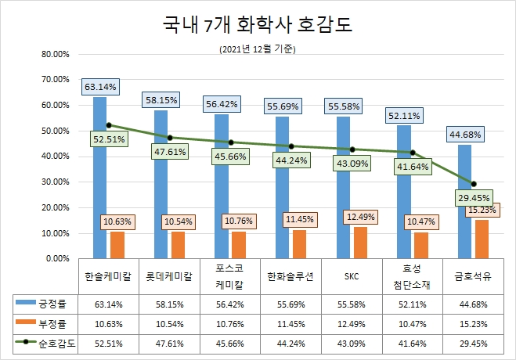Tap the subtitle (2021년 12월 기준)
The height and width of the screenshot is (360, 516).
(x=258, y=49)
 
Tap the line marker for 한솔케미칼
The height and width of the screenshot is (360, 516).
(x=109, y=125)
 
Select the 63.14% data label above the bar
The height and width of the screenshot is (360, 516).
(x=100, y=87)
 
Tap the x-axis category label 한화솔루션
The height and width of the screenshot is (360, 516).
(x=290, y=276)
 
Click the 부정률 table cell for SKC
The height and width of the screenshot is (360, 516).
(x=352, y=322)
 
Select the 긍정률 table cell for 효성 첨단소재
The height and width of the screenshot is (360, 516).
(x=413, y=303)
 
